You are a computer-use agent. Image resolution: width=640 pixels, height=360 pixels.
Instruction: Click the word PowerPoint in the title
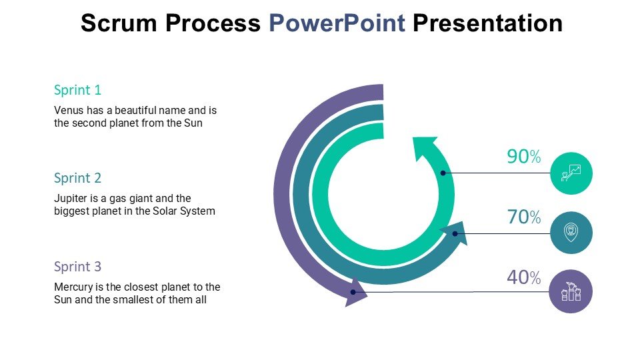coord(337,23)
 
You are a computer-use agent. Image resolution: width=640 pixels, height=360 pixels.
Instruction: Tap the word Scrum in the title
coord(119,23)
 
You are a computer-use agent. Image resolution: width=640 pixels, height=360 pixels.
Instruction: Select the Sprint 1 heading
coord(77,90)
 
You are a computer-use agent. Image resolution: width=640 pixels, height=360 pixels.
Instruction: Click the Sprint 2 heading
coord(77,178)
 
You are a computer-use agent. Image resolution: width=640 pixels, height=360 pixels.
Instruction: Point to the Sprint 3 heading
coord(77,267)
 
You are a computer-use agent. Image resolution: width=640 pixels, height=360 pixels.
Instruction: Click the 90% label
coord(524,156)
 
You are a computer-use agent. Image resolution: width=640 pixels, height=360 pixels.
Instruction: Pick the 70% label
coord(524,217)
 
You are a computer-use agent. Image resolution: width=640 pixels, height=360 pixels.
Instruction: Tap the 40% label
coord(524,277)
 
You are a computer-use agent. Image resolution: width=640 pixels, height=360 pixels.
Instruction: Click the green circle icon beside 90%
coord(571,173)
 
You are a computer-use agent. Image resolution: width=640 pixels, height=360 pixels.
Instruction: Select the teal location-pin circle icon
coord(571,233)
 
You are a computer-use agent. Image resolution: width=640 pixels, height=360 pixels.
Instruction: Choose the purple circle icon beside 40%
coord(571,291)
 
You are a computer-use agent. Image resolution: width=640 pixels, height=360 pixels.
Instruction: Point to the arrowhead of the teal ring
coord(455,233)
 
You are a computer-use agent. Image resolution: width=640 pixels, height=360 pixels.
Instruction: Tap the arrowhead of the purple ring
coord(354,293)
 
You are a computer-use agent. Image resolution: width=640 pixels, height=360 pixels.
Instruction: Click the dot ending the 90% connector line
coord(443,173)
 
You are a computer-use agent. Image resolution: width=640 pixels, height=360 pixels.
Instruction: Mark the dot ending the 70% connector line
coord(455,234)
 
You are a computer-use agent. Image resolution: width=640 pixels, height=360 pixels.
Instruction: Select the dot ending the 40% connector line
coord(353,292)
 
